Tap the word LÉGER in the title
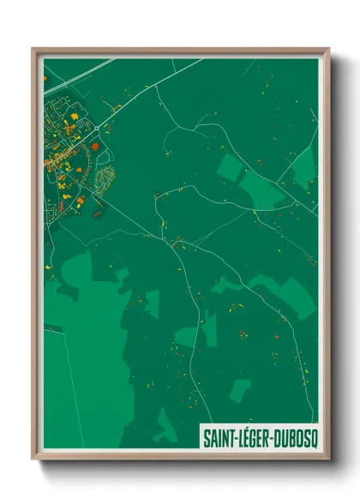click(x=254, y=436)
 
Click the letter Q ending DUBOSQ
click(x=311, y=436)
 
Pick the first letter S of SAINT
click(x=207, y=436)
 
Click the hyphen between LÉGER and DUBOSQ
click(x=273, y=437)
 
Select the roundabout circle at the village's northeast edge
click(x=97, y=128)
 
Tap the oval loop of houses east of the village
click(x=105, y=179)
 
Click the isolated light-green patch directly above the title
click(x=241, y=390)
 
